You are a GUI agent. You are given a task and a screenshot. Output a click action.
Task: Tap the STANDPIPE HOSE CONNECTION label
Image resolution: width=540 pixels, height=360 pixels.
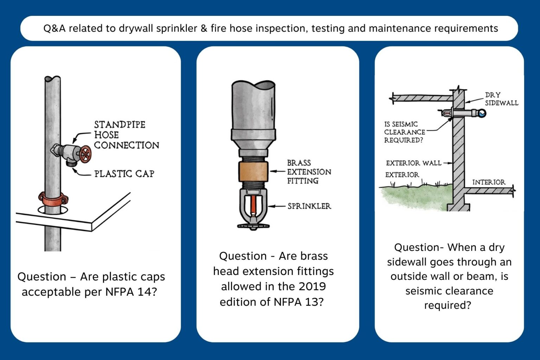coord(126,135)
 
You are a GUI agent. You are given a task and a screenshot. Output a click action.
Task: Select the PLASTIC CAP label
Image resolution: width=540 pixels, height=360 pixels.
coord(124,174)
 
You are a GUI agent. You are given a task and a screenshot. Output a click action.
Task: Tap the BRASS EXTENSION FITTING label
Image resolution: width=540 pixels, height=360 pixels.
coord(309,172)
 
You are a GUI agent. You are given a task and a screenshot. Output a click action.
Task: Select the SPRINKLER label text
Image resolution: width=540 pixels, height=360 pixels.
coord(309,206)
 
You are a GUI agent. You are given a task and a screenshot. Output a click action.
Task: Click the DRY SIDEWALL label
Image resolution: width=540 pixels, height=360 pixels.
coord(501,99)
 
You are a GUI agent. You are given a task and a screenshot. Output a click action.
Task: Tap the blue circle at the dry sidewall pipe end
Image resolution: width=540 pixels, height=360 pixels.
coord(482,113)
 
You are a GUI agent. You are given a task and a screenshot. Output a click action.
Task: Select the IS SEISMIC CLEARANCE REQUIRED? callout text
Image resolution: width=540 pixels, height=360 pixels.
coord(404,132)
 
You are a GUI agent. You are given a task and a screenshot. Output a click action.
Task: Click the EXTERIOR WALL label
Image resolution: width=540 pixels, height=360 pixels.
coord(413,163)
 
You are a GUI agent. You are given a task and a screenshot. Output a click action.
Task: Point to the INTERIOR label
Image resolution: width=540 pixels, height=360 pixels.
coord(488,182)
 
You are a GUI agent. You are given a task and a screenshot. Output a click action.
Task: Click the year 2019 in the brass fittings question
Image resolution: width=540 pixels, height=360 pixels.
coord(310,287)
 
